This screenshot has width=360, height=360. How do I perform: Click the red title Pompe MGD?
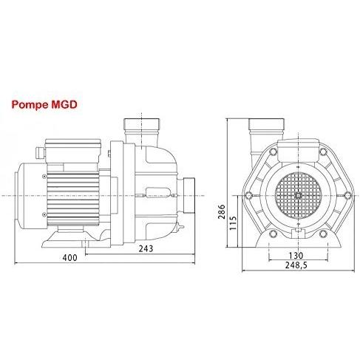[x=44, y=105]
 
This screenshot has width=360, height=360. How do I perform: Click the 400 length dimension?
[x=69, y=258]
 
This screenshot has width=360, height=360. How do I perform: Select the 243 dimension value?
[x=146, y=249]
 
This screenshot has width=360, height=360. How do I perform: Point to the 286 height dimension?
[x=222, y=211]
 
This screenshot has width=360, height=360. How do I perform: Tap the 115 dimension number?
[x=233, y=223]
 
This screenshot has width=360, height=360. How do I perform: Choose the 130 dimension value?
[x=296, y=256]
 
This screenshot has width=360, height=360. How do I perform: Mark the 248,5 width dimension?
[x=296, y=265]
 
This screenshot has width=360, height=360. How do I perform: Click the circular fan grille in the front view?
[x=299, y=195]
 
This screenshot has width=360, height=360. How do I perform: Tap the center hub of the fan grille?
[x=299, y=195]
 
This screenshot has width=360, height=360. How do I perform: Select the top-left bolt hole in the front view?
[x=273, y=152]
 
